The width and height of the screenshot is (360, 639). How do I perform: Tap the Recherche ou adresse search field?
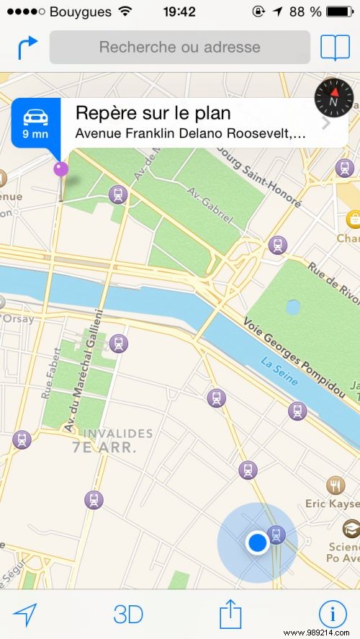[179, 47]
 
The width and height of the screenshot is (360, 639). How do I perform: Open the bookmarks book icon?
[335, 47]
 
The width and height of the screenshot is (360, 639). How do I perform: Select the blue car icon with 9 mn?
[35, 122]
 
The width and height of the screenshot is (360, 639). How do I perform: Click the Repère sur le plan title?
[153, 114]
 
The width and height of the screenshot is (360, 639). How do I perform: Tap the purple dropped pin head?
[61, 169]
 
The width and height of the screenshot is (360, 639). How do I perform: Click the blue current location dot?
[256, 542]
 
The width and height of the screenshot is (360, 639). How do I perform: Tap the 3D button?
[129, 615]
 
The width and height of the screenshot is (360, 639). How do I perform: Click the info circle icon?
[333, 615]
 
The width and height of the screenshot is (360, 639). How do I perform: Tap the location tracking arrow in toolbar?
[25, 615]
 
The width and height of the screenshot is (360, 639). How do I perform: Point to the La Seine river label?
[279, 371]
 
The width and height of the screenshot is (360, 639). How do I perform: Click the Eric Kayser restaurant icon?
[336, 485]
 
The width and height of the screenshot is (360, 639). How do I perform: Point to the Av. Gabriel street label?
[210, 204]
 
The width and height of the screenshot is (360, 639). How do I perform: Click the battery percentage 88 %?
[305, 12]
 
